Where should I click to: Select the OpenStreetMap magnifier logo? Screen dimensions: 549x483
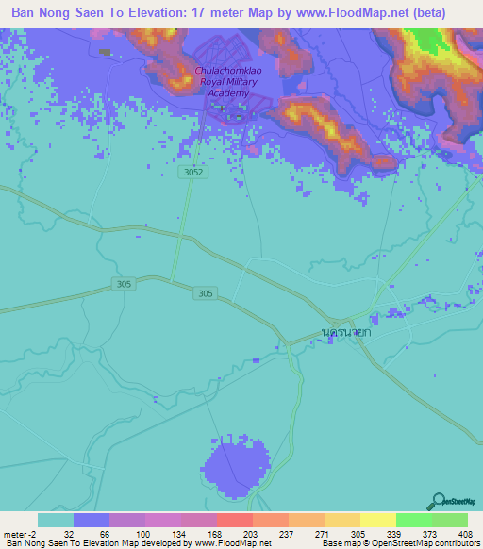pyautogui.click(x=438, y=501)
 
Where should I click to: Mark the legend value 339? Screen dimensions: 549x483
pyautogui.click(x=396, y=533)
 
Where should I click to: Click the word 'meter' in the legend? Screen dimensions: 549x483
pyautogui.click(x=16, y=533)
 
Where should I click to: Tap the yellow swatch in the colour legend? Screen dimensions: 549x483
pyautogui.click(x=377, y=520)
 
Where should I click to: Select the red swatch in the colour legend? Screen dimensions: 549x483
pyautogui.click(x=234, y=520)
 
